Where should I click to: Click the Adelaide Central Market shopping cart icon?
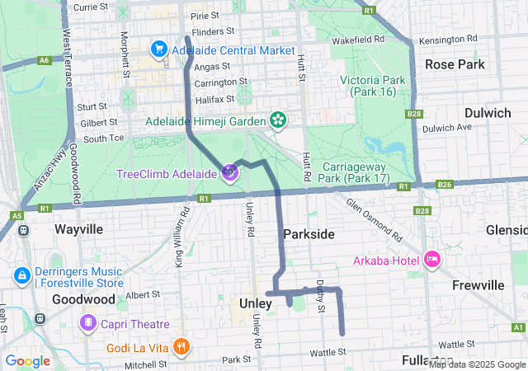pyautogui.click(x=157, y=50)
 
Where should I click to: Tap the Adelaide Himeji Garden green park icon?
pyautogui.click(x=278, y=120)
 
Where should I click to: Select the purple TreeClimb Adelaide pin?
pyautogui.click(x=229, y=172)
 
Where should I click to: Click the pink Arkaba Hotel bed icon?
pyautogui.click(x=431, y=261)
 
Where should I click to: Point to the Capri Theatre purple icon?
pyautogui.click(x=87, y=324)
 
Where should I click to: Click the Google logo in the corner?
pyautogui.click(x=28, y=360)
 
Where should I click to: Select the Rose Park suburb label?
pyautogui.click(x=454, y=63)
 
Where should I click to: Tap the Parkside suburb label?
pyautogui.click(x=309, y=234)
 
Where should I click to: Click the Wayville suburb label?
pyautogui.click(x=79, y=228)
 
